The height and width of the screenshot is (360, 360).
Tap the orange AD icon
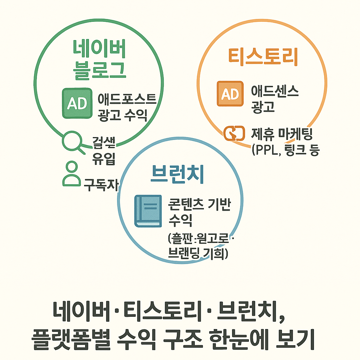230,94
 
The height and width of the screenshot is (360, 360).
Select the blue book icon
148,211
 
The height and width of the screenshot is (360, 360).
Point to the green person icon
71,174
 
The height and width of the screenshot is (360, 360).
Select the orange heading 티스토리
263,57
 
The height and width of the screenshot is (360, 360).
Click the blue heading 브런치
177,175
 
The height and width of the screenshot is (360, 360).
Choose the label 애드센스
275,92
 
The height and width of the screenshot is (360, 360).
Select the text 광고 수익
123,115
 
